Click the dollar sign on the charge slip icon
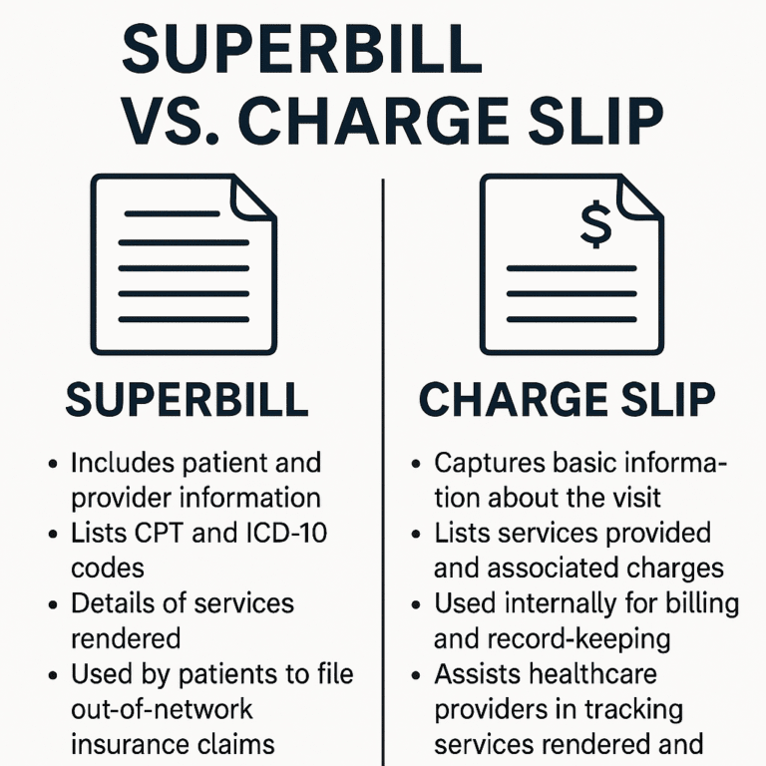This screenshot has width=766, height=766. (595, 226)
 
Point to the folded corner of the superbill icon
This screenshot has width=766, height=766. (252, 198)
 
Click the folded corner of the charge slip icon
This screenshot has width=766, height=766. (641, 198)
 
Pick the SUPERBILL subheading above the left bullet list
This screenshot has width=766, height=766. (187, 400)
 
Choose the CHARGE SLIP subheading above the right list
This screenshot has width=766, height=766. (567, 400)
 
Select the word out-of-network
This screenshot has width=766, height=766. (163, 710)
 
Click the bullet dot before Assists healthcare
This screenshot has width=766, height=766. (417, 675)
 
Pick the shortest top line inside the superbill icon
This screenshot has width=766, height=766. (170, 213)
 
